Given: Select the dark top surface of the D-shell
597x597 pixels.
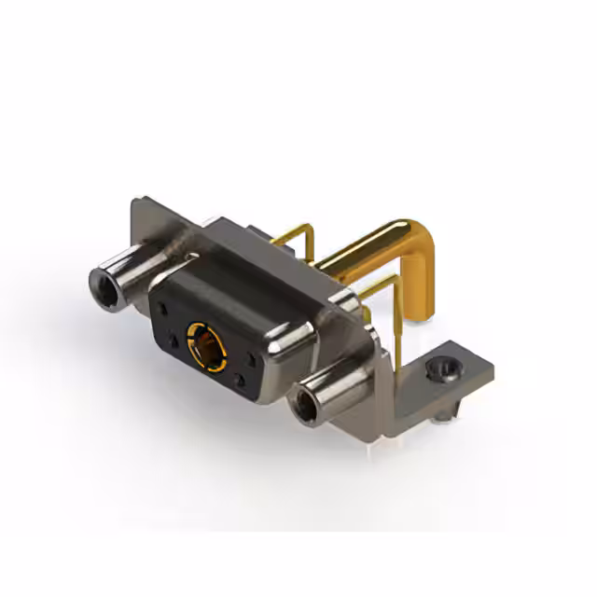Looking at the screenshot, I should point(243,271).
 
